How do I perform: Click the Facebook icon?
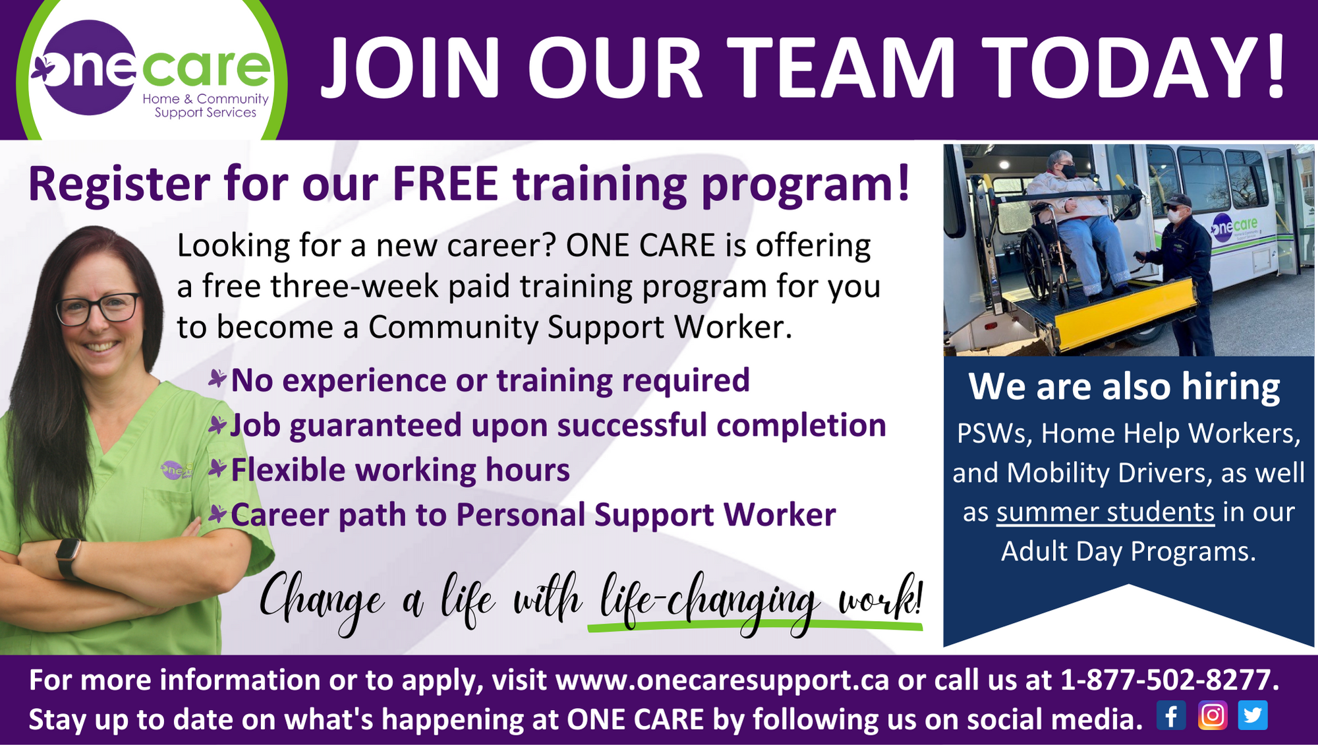click(1171, 715)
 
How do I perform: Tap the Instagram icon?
click(1213, 715)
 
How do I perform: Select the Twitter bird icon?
click(1253, 715)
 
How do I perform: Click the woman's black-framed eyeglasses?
click(99, 309)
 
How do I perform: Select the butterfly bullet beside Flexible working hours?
click(217, 469)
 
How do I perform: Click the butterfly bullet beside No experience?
click(217, 379)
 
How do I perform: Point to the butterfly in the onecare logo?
click(43, 69)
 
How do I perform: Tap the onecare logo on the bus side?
click(1234, 228)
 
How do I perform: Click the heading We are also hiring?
click(1124, 387)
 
